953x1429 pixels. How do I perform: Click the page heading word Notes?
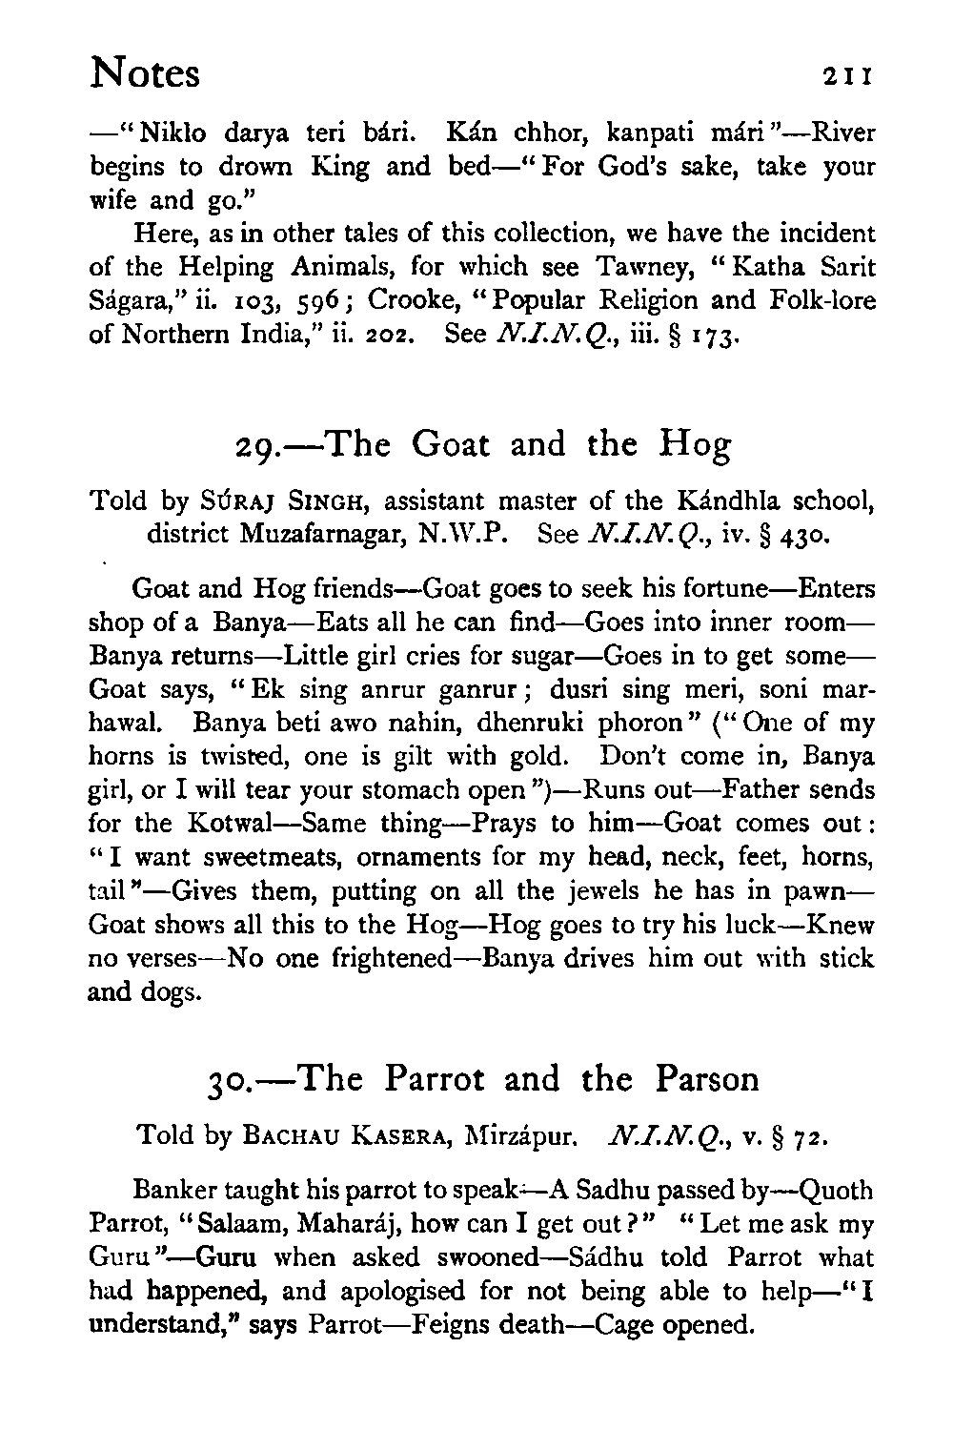click(145, 72)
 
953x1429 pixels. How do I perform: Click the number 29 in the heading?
click(256, 446)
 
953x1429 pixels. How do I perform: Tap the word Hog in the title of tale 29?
click(696, 446)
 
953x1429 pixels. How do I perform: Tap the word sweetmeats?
click(262, 857)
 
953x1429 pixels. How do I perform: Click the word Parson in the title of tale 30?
click(707, 1080)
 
